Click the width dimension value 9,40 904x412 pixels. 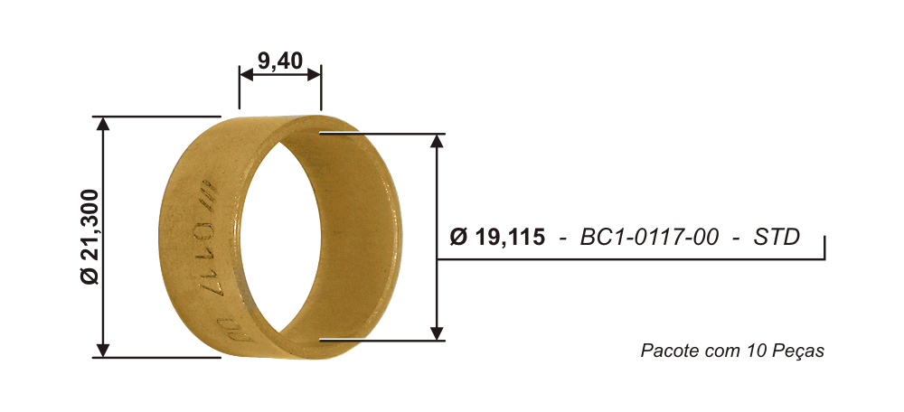pos(279,60)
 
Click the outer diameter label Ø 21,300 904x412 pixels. pos(91,236)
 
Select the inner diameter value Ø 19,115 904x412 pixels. pos(496,237)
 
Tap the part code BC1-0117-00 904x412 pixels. pos(649,237)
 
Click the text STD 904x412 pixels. pos(777,237)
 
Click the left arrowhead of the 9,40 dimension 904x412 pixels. pos(246,74)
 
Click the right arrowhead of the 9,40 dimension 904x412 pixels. pos(315,74)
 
